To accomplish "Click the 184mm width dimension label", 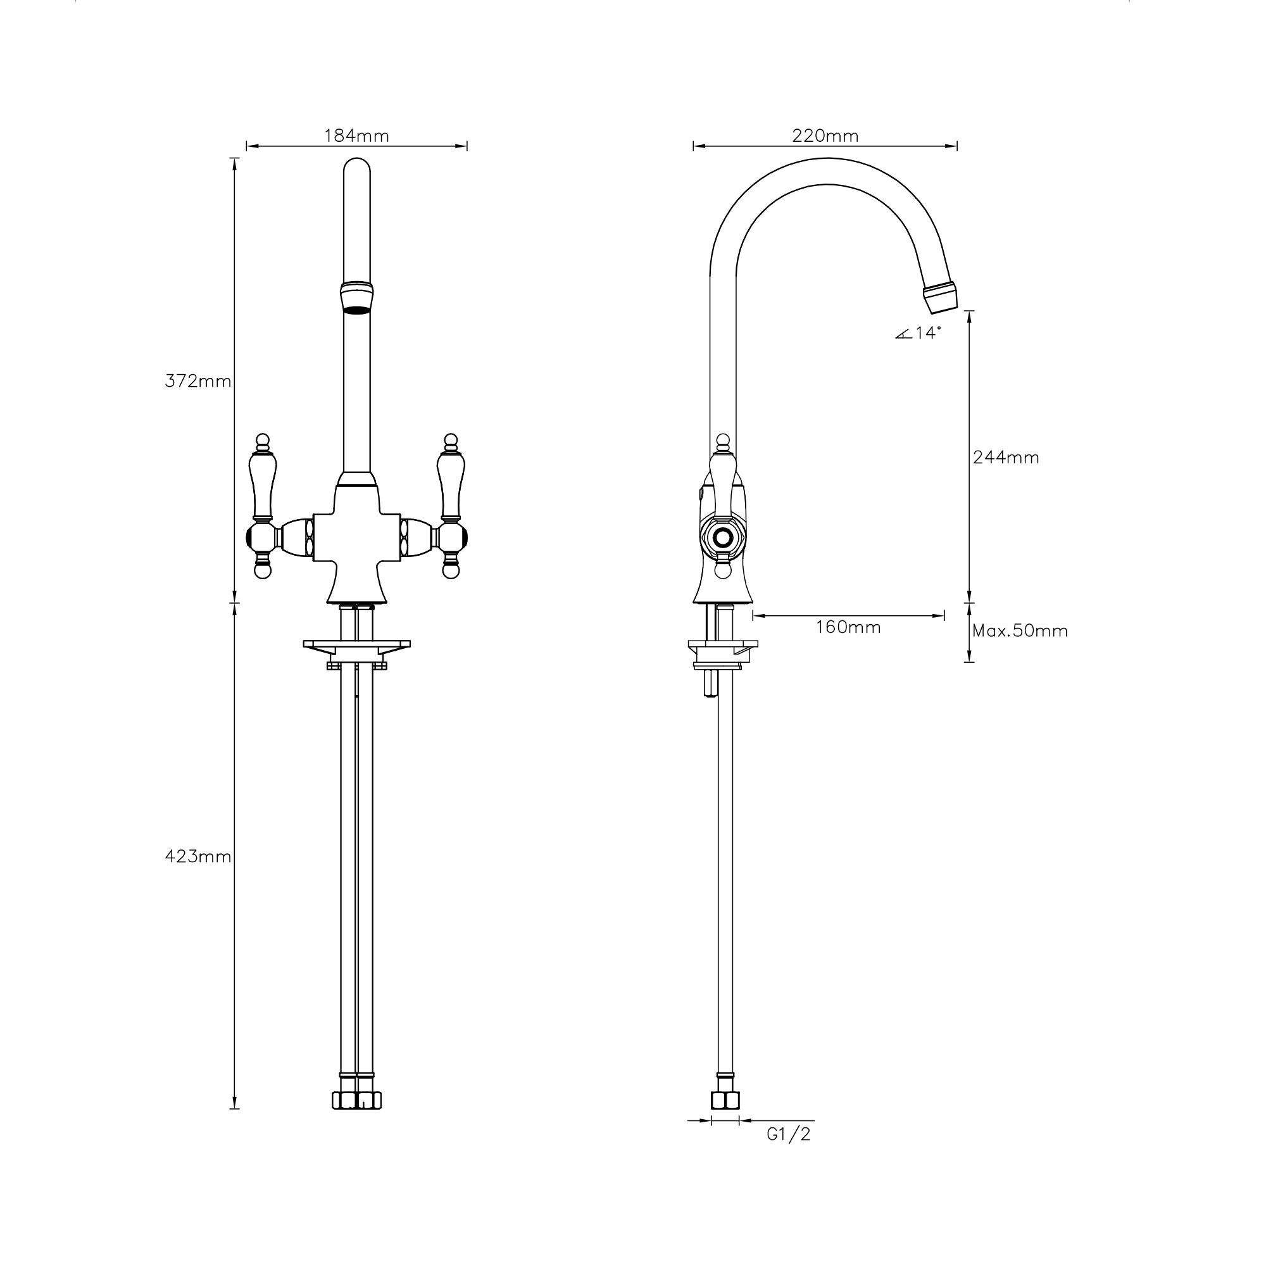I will click(356, 135).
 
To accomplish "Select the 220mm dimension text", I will click(825, 135).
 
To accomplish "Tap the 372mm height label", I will click(197, 380).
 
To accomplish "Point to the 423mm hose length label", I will click(197, 856).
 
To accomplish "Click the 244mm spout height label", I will click(1006, 458).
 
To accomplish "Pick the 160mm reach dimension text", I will click(848, 627).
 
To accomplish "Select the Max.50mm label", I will click(1020, 631).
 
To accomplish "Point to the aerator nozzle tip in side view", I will click(941, 296).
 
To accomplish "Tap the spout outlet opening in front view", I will click(357, 310).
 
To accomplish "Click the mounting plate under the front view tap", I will click(357, 646).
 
